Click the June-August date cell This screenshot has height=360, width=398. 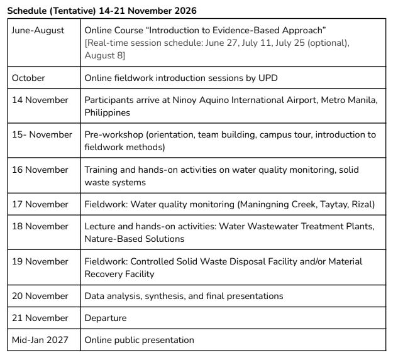[x=38, y=30]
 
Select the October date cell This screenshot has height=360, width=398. [x=29, y=79]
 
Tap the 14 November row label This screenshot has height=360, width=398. [x=40, y=100]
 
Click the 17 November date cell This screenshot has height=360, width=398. [x=40, y=204]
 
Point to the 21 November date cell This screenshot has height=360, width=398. [x=40, y=318]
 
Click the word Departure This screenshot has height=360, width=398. [x=106, y=318]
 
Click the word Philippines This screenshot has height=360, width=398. [x=108, y=112]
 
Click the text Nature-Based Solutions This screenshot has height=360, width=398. [x=135, y=239]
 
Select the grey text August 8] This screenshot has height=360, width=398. [x=105, y=55]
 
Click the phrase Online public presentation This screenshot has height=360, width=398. [x=140, y=340]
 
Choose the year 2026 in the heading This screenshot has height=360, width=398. [x=184, y=11]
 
